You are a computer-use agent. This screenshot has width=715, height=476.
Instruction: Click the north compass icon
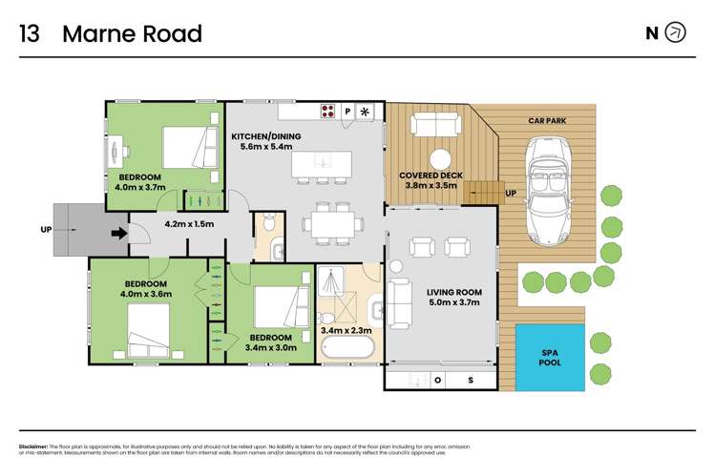pyautogui.click(x=675, y=33)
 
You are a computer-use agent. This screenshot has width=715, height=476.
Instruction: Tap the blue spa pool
pyautogui.click(x=549, y=357)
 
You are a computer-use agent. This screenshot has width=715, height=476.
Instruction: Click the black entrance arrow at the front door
pyautogui.click(x=117, y=232)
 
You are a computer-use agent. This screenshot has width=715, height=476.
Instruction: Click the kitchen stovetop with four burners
pyautogui.click(x=328, y=111)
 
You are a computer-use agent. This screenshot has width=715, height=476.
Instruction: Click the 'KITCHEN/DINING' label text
pyautogui.click(x=266, y=136)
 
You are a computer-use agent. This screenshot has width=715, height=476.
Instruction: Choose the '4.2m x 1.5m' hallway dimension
pyautogui.click(x=189, y=225)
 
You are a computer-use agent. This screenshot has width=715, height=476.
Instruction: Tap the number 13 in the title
pyautogui.click(x=30, y=34)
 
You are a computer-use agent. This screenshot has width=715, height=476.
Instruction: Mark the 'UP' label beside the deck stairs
pyautogui.click(x=511, y=193)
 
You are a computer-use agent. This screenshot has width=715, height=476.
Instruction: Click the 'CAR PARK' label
pyautogui.click(x=549, y=121)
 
